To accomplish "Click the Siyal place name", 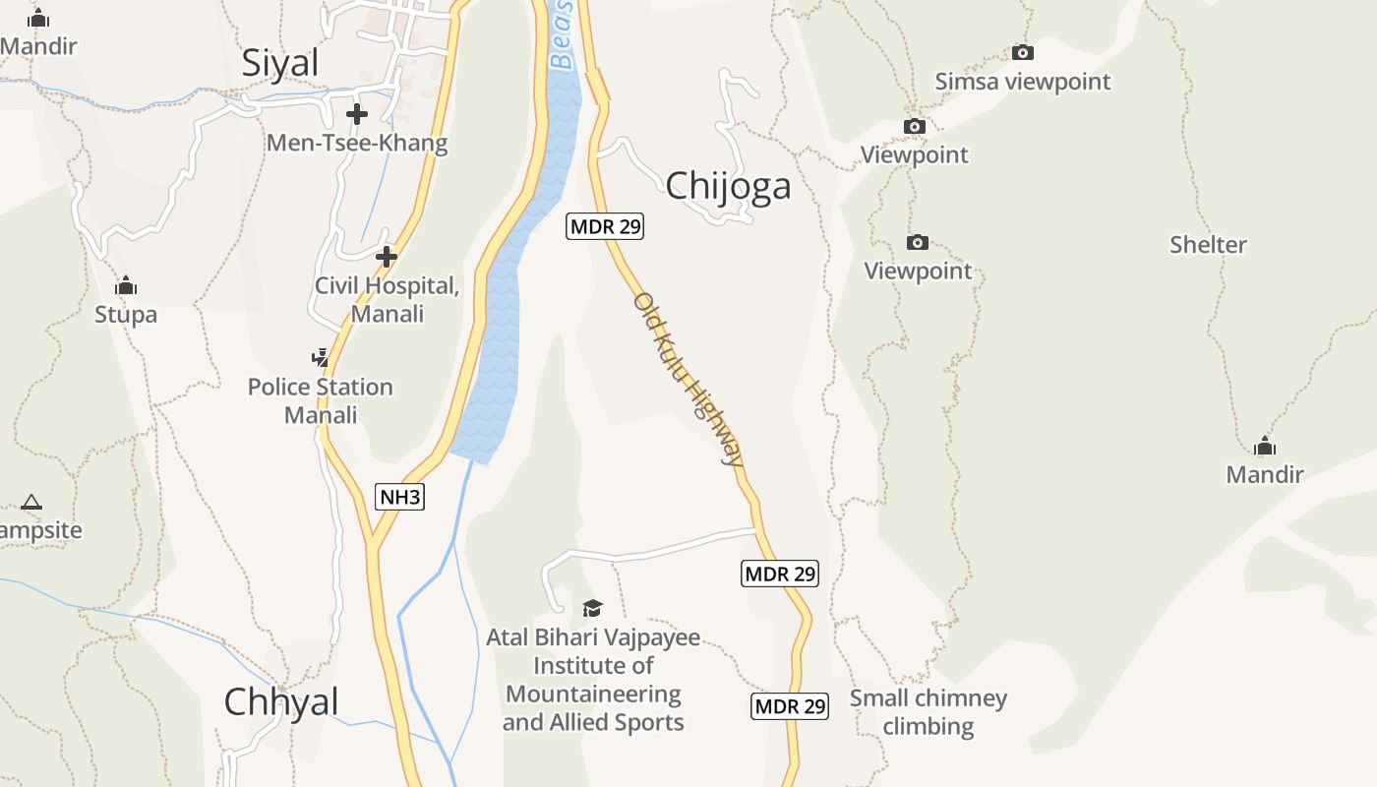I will click(x=280, y=63).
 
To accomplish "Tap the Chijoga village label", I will click(x=728, y=185).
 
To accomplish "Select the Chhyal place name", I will click(x=281, y=701).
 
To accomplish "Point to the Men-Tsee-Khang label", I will click(x=357, y=143).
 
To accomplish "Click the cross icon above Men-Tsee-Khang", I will click(x=357, y=114).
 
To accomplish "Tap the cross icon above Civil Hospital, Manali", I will click(x=387, y=257).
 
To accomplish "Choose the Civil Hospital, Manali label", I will click(x=387, y=300).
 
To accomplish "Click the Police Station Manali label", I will click(x=321, y=400).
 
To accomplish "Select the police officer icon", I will click(x=320, y=357).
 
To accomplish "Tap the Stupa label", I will click(x=126, y=315).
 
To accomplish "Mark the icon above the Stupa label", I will click(x=126, y=286).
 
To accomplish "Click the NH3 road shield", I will click(x=400, y=497).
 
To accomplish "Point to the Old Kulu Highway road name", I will click(x=688, y=378).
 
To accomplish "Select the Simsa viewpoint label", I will click(x=1023, y=82).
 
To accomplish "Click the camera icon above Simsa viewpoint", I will click(x=1023, y=53).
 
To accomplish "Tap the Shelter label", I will click(x=1208, y=245).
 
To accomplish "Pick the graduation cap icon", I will click(x=592, y=608).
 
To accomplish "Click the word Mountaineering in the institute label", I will click(x=593, y=694).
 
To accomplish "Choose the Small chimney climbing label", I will click(x=928, y=712).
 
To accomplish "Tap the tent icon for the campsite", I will click(x=31, y=502).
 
